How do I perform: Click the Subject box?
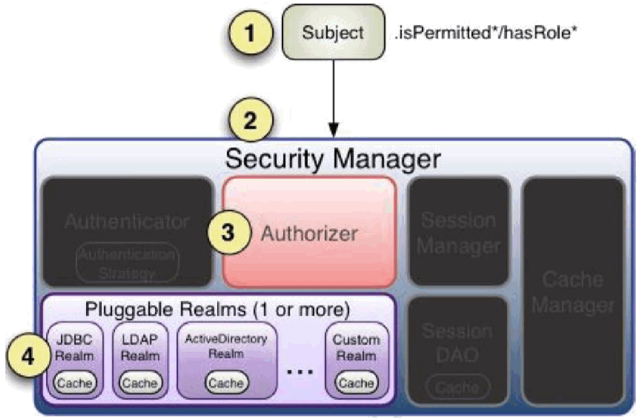(333, 32)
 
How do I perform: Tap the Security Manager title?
(332, 159)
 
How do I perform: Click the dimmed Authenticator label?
(127, 222)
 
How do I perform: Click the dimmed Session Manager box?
(459, 232)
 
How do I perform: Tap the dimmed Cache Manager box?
(573, 293)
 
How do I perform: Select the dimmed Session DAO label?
(459, 343)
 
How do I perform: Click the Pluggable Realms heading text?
(216, 311)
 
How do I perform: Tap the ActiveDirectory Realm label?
(226, 346)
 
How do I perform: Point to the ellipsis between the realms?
(300, 371)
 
